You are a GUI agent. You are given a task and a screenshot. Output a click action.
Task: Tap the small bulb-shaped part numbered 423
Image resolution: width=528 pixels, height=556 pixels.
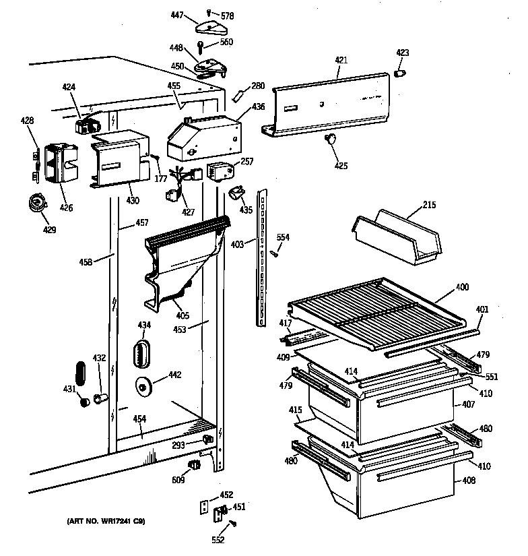[x=400, y=73]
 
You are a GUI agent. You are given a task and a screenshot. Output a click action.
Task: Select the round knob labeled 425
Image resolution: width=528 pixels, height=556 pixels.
[x=331, y=139]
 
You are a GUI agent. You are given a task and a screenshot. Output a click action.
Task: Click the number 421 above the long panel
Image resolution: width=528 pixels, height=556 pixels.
[x=341, y=61]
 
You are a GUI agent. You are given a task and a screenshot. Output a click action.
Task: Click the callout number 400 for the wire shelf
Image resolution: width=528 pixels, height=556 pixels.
[x=462, y=287]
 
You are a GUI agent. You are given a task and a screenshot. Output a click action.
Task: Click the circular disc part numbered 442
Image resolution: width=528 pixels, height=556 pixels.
[x=144, y=386]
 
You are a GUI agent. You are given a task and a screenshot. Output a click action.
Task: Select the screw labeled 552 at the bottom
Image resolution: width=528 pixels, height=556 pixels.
[x=234, y=524]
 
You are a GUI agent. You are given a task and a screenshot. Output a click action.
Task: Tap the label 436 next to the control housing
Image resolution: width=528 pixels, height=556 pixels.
[x=258, y=106]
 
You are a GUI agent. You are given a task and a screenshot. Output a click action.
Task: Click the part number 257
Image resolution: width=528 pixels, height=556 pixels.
[x=247, y=162]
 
